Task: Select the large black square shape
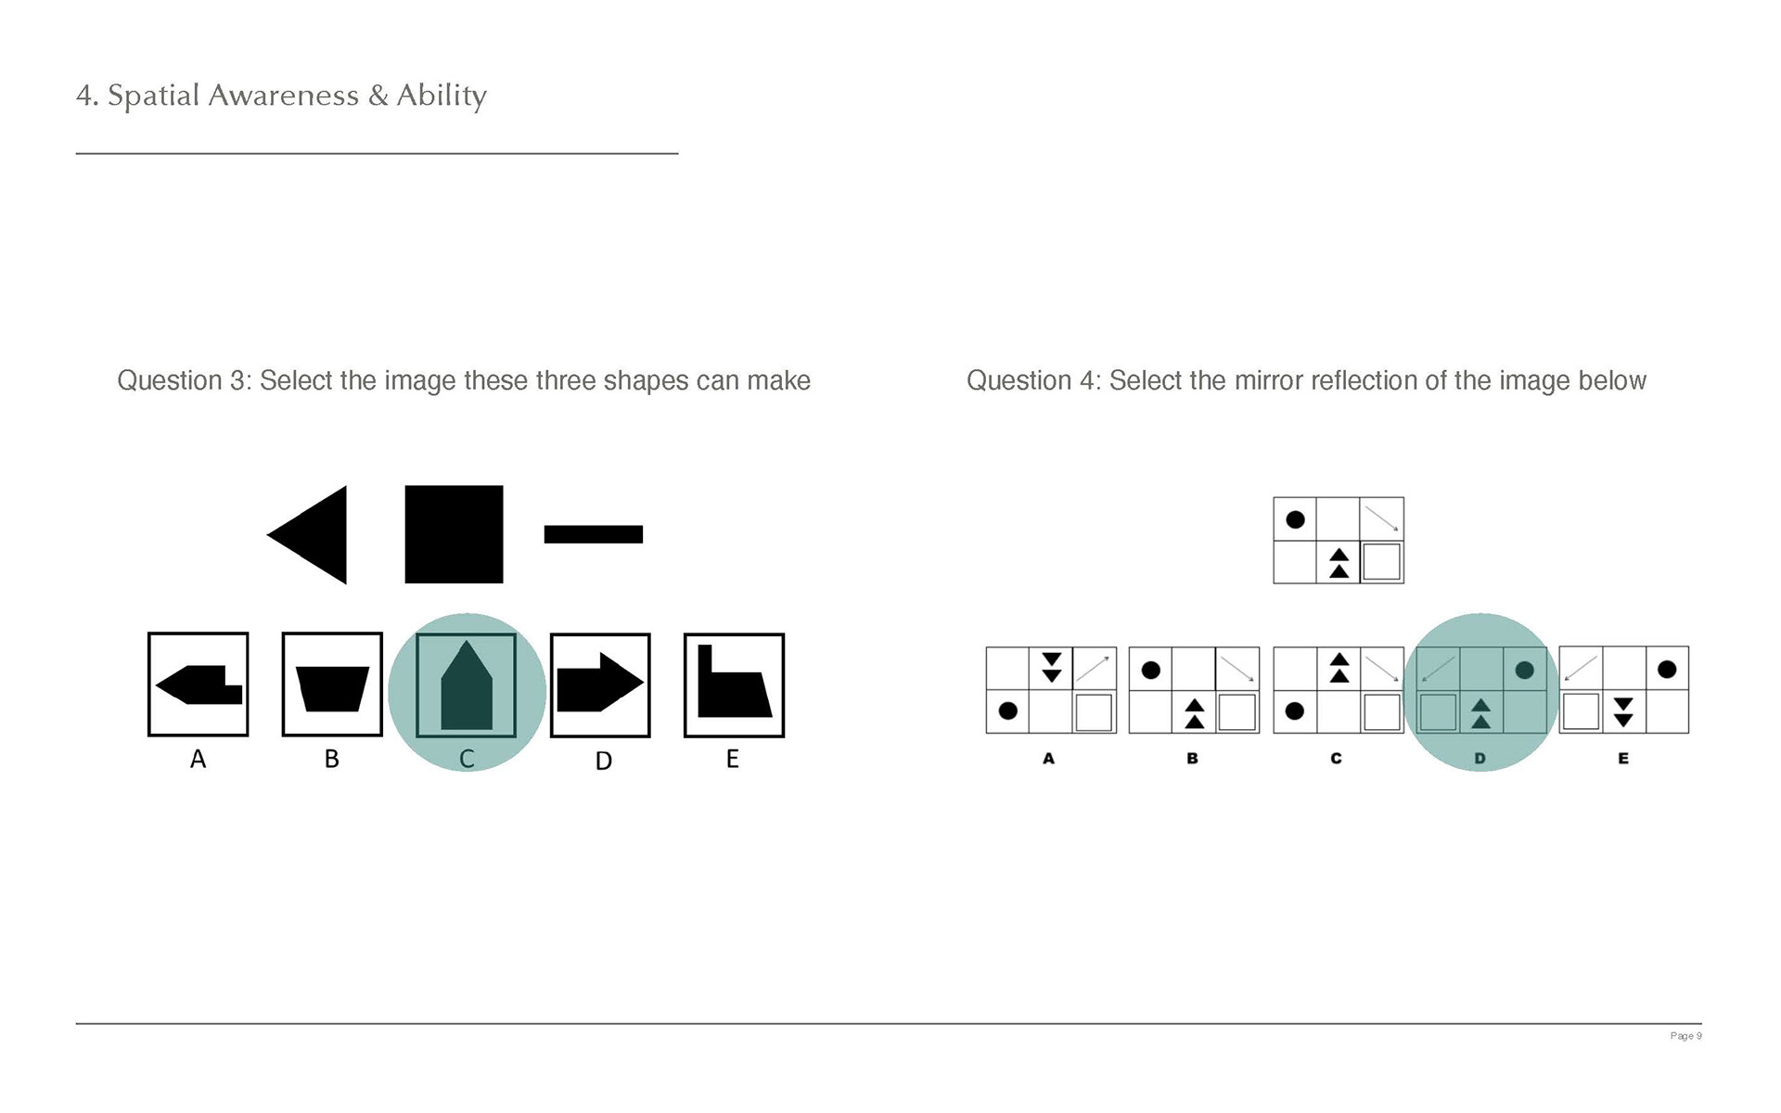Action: (x=454, y=534)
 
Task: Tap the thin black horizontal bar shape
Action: (x=594, y=534)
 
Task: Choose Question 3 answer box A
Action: (x=199, y=684)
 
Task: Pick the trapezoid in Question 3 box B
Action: (x=332, y=689)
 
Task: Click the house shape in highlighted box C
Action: (x=467, y=685)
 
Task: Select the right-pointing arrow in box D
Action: (x=600, y=683)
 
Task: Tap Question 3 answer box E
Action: (x=734, y=685)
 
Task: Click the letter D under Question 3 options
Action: (x=603, y=761)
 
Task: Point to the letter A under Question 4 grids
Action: (x=1048, y=759)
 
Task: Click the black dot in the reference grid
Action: (x=1295, y=519)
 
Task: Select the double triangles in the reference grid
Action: (x=1339, y=563)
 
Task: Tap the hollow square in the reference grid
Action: (x=1381, y=562)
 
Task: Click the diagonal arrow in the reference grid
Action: (x=1381, y=518)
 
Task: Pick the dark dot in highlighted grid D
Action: (x=1523, y=670)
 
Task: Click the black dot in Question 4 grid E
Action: (x=1667, y=669)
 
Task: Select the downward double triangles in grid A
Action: (x=1051, y=668)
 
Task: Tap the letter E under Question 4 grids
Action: (x=1623, y=759)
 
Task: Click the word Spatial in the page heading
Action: (x=154, y=96)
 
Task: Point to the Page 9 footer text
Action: (x=1685, y=1036)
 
